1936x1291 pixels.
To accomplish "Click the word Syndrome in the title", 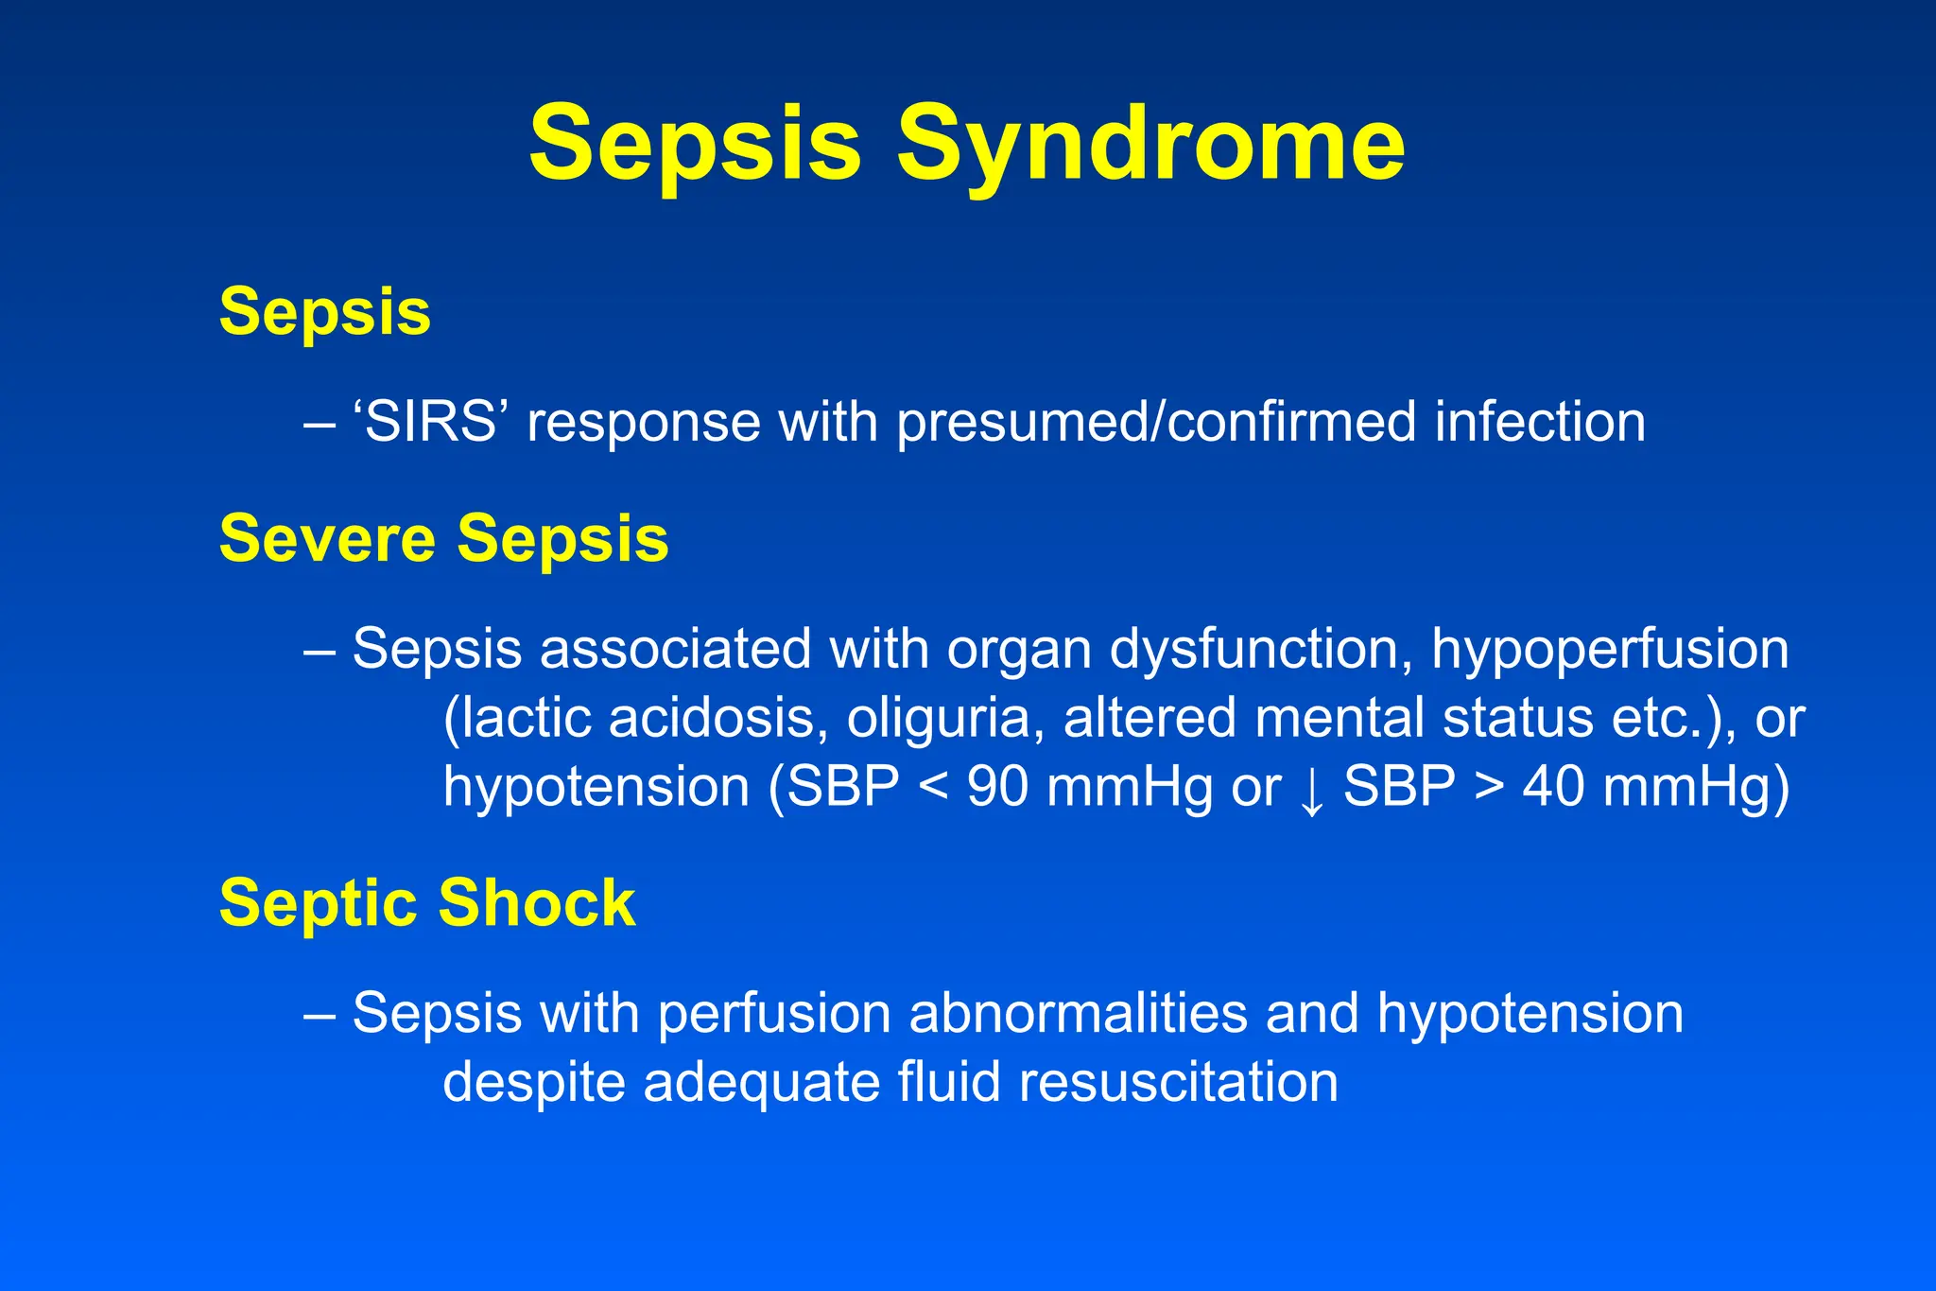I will (x=1149, y=145).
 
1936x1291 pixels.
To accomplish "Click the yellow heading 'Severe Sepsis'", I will (x=443, y=538).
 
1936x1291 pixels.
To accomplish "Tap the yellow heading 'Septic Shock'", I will (x=426, y=902).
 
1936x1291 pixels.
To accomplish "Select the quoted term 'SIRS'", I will (x=430, y=422).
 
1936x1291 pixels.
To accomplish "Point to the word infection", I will (x=1540, y=422).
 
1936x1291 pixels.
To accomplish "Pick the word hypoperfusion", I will (x=1609, y=651).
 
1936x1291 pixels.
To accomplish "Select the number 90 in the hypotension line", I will (x=997, y=786).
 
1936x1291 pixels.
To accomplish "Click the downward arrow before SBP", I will (x=1311, y=790).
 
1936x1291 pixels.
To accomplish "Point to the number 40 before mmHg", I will (x=1552, y=786).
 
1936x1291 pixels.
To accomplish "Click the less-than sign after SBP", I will (x=933, y=788).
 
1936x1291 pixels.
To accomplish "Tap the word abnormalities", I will (x=1078, y=1013).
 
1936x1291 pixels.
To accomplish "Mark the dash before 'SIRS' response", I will (x=320, y=424).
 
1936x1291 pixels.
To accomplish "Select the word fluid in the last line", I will (x=948, y=1082).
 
